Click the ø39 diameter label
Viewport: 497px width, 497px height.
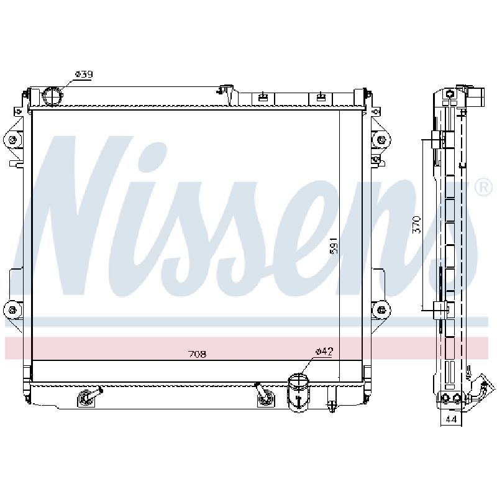pos(84,74)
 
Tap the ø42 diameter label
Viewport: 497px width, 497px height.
pos(324,351)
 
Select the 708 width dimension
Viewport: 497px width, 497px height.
pos(197,353)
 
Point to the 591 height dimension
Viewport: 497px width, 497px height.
pos(334,245)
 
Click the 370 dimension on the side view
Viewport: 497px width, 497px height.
pos(417,225)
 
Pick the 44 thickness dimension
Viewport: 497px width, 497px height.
pos(451,419)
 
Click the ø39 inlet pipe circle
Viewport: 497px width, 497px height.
pos(53,96)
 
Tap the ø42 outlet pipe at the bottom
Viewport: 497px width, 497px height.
pos(298,393)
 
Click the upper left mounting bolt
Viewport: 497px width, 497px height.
pos(12,140)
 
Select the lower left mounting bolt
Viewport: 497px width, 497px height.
pos(12,309)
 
